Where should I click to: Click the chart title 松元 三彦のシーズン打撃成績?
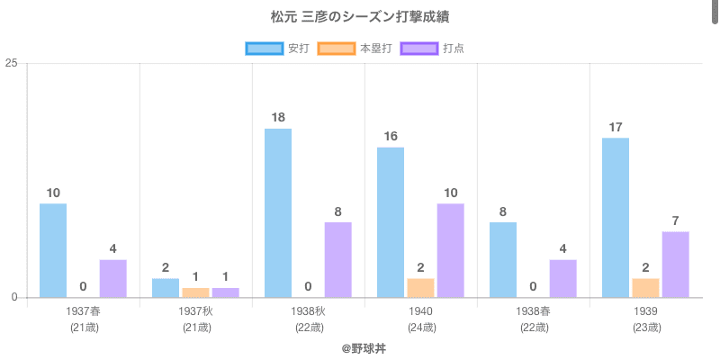tap(359, 17)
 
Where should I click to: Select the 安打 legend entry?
tap(278, 49)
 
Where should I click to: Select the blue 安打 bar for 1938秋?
tap(278, 212)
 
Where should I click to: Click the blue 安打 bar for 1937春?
tap(53, 250)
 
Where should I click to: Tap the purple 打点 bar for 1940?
tap(450, 250)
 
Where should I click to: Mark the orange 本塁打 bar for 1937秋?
tap(195, 292)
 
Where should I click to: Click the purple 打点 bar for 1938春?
tap(562, 278)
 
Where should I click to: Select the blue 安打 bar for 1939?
tap(616, 217)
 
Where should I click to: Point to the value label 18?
tap(278, 117)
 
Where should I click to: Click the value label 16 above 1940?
tap(391, 136)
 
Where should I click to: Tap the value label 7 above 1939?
tap(675, 220)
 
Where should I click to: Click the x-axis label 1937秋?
tap(196, 311)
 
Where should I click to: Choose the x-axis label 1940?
tap(420, 311)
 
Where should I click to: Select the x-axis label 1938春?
tap(534, 311)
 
